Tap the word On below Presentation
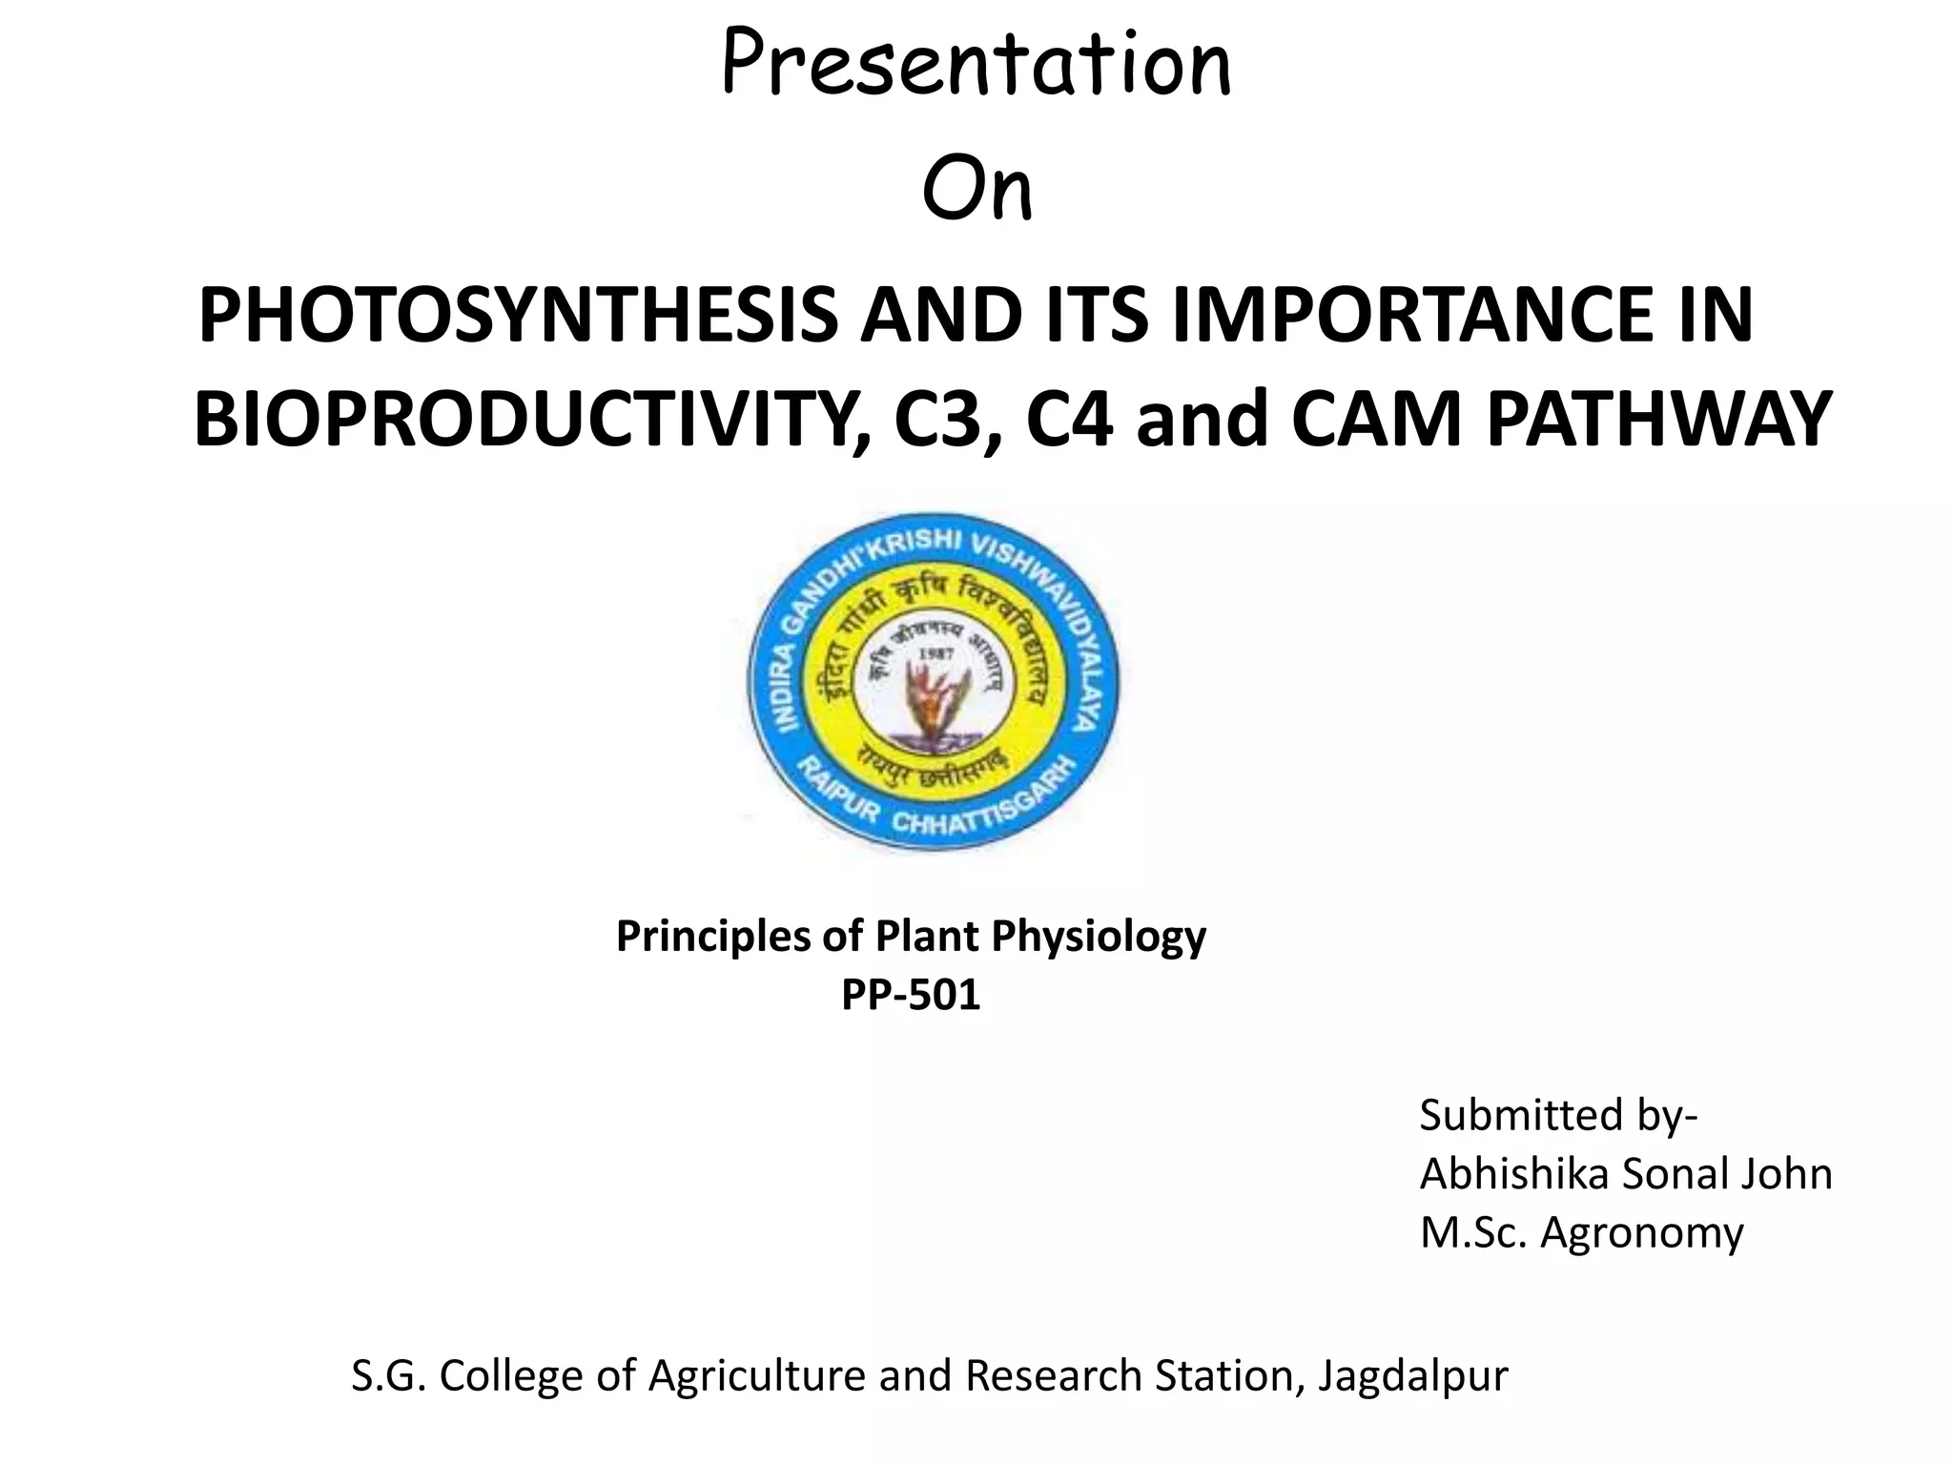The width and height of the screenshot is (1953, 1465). [x=976, y=191]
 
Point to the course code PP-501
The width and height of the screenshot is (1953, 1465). [x=911, y=995]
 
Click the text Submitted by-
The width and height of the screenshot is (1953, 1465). [x=1558, y=1114]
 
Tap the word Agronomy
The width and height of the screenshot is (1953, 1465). [x=1641, y=1232]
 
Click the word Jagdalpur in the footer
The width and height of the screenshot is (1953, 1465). [x=1413, y=1375]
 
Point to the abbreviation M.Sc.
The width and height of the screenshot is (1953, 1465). [x=1474, y=1232]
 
